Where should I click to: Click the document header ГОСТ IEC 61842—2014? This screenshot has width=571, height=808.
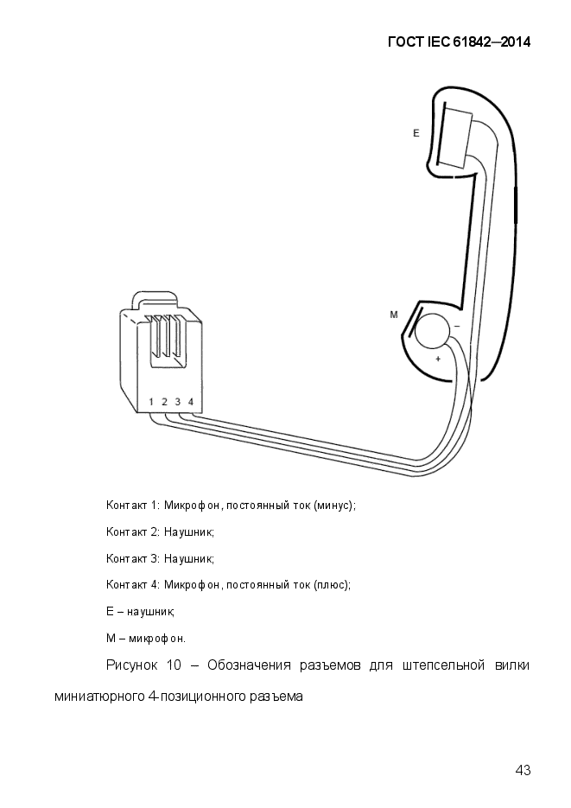coord(459,42)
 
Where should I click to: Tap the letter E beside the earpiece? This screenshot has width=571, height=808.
coord(416,133)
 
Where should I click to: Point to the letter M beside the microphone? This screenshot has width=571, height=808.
coord(394,315)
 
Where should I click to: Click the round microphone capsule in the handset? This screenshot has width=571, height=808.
coord(432,333)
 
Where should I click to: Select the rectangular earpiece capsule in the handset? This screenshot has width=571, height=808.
coord(455,137)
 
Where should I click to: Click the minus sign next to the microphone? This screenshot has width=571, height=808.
coord(457,327)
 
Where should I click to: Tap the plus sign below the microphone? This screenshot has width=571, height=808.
coord(438,359)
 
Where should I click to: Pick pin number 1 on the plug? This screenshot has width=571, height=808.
coord(152,402)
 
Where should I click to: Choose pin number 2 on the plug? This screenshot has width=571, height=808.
coord(165,402)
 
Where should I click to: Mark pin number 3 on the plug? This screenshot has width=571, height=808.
coord(178,402)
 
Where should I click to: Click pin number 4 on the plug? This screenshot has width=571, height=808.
coord(191,402)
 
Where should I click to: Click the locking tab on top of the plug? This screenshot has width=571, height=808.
coord(154,300)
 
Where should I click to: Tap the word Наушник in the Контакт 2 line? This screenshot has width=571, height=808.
coord(189,531)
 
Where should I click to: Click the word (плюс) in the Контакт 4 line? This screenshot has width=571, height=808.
coord(332,585)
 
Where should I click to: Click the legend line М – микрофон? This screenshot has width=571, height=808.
coord(146,639)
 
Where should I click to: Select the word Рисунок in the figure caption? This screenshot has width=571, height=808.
coord(132,665)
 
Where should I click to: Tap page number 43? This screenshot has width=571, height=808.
coord(523,770)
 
